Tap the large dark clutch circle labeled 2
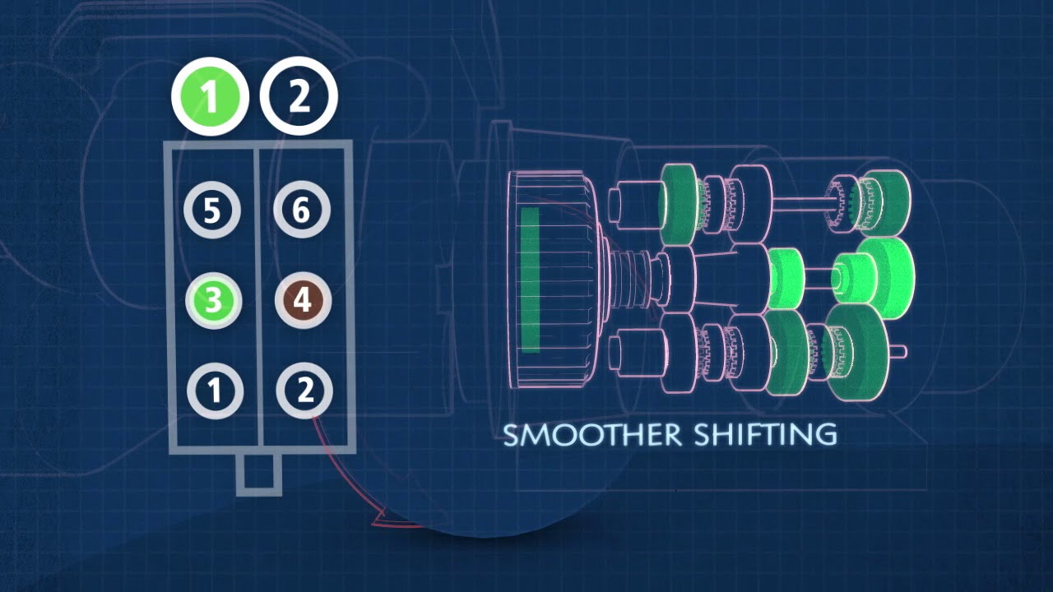(299, 97)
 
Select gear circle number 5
(211, 210)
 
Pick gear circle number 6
(301, 210)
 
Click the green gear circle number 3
(213, 300)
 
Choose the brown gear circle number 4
(302, 301)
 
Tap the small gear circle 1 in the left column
(215, 390)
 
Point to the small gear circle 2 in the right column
(304, 390)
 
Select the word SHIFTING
(765, 435)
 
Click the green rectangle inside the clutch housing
(531, 280)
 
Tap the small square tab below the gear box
(259, 474)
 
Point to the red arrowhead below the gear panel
(380, 518)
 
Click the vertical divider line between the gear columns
(260, 296)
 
